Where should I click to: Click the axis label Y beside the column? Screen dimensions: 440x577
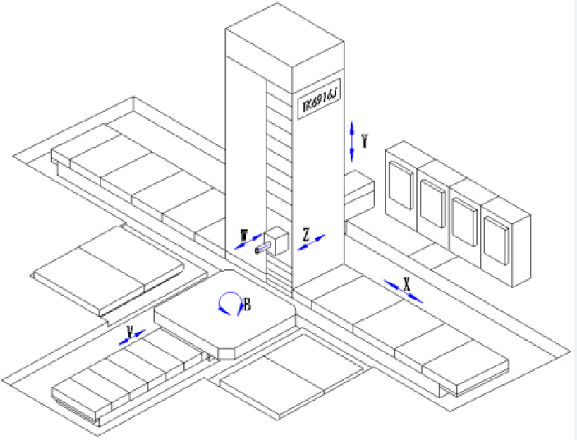click(364, 141)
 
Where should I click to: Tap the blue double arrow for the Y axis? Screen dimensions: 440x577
click(352, 141)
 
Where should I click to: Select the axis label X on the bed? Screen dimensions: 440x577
click(407, 286)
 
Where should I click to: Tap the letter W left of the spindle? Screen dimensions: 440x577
click(244, 235)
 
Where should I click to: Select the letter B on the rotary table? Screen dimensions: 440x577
click(247, 305)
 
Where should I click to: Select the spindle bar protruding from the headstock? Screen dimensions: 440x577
click(264, 250)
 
